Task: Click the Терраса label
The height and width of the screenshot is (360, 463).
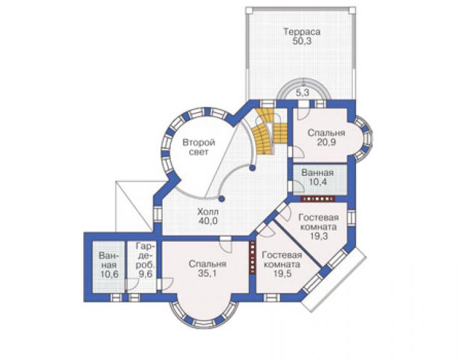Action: pyautogui.click(x=302, y=31)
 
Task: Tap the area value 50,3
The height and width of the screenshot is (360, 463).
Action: pyautogui.click(x=302, y=41)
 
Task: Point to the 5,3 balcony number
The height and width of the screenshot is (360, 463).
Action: pyautogui.click(x=302, y=93)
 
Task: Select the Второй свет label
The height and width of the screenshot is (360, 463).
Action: pyautogui.click(x=199, y=147)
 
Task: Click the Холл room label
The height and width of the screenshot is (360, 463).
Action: pyautogui.click(x=208, y=212)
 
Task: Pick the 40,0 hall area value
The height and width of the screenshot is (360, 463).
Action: pyautogui.click(x=208, y=221)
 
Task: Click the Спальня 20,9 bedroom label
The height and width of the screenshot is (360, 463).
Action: pyautogui.click(x=326, y=138)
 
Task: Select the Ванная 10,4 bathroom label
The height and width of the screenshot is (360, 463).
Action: pyautogui.click(x=318, y=177)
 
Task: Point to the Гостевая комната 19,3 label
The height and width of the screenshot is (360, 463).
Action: pyautogui.click(x=318, y=227)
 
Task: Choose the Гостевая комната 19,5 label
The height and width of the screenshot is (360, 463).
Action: pyautogui.click(x=282, y=264)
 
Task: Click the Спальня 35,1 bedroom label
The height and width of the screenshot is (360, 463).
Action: pyautogui.click(x=208, y=269)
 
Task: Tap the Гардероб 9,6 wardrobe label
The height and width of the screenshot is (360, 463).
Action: pyautogui.click(x=145, y=260)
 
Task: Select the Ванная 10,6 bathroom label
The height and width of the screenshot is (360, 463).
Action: pyautogui.click(x=109, y=265)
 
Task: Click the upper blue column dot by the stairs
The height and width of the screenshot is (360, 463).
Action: pyautogui.click(x=252, y=168)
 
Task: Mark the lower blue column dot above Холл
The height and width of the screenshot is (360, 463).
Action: pyautogui.click(x=221, y=198)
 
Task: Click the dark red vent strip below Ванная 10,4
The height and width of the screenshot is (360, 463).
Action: pyautogui.click(x=318, y=199)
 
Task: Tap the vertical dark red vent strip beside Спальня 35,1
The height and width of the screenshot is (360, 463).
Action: pyautogui.click(x=253, y=258)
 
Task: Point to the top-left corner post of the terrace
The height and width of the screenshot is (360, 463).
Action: pyautogui.click(x=249, y=10)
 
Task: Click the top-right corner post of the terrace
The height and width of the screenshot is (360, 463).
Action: pyautogui.click(x=352, y=10)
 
